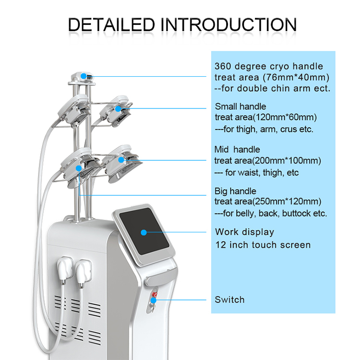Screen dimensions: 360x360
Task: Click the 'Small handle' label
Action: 240,107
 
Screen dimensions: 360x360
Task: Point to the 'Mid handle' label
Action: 239,149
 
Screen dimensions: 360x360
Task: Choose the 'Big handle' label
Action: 236,191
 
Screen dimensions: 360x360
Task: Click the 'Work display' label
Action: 245,232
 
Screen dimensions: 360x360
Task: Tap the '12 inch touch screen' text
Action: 263,245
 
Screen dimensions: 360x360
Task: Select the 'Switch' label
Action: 230,300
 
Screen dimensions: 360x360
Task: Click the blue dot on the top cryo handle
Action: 84,75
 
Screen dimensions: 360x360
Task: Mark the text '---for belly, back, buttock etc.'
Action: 271,213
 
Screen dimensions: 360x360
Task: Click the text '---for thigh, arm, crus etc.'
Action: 264,129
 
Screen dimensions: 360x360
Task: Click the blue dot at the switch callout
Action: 154,300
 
